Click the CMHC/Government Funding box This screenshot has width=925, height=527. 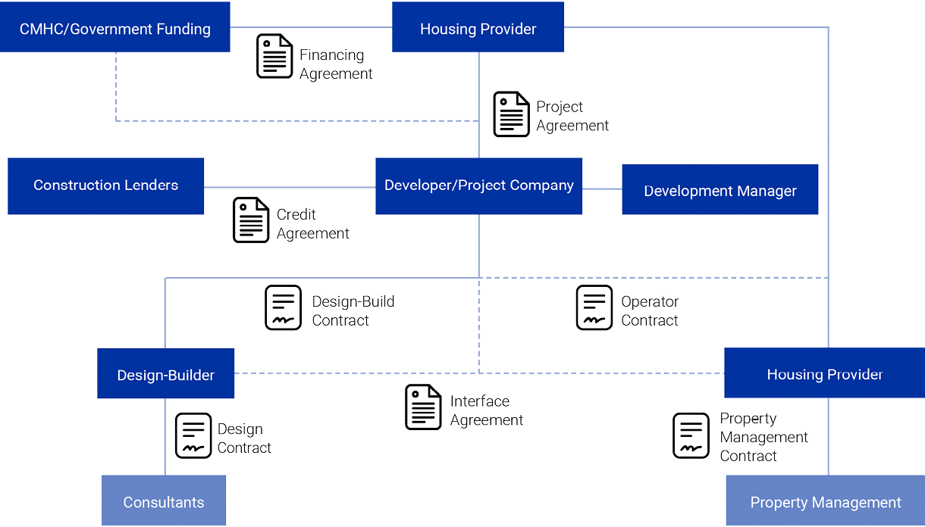(x=114, y=27)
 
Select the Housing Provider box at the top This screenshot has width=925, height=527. (x=478, y=27)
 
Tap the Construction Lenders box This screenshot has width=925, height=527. (x=106, y=186)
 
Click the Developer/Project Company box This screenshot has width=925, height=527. (x=478, y=186)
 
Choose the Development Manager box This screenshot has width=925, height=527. (x=720, y=190)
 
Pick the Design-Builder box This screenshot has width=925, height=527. (x=165, y=373)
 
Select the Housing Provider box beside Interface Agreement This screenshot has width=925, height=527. (x=824, y=373)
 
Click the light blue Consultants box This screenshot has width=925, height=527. (x=164, y=500)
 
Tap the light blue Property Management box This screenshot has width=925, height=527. (x=825, y=500)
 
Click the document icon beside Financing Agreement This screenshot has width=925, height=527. (x=274, y=57)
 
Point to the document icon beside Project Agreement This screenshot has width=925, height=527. (x=511, y=114)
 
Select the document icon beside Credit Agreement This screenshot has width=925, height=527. (x=251, y=220)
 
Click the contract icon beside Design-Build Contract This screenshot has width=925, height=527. (x=283, y=307)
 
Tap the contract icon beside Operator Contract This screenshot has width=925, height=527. (x=594, y=307)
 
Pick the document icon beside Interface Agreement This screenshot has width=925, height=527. (x=423, y=407)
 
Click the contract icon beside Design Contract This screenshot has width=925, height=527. (x=193, y=436)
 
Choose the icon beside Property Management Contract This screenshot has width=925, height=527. (x=691, y=435)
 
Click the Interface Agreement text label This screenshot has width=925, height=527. (x=486, y=410)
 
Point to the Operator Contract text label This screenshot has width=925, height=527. (x=650, y=311)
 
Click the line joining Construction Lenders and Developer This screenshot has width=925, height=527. (x=290, y=187)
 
